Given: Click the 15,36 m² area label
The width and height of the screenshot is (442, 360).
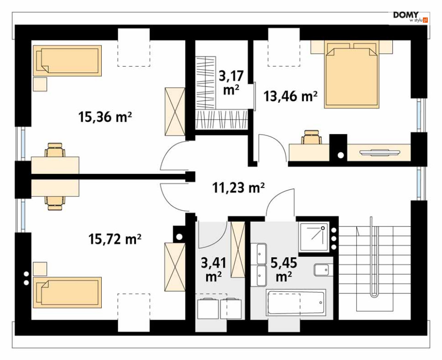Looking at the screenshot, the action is click(x=105, y=117).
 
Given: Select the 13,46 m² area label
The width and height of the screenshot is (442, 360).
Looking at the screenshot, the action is click(x=291, y=96).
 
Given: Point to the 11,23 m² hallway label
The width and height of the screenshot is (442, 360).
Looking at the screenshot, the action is click(x=238, y=188).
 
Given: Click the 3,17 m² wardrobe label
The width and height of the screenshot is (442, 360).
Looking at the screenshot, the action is click(x=231, y=83).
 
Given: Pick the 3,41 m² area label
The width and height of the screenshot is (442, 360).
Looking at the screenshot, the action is click(x=213, y=269).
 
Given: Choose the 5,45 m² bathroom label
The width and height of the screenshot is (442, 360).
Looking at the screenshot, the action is click(x=284, y=269).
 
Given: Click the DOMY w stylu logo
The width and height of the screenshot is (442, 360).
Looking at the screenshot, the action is click(x=410, y=17).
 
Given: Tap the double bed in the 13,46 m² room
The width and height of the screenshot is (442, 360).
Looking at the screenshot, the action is click(x=351, y=75).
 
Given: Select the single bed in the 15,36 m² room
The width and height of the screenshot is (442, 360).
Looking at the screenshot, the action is click(x=68, y=60).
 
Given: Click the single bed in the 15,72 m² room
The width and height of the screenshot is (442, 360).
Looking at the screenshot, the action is click(x=68, y=292).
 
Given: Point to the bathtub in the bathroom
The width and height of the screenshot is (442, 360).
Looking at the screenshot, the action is click(x=296, y=303).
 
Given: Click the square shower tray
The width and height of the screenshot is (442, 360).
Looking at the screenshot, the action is click(x=315, y=237).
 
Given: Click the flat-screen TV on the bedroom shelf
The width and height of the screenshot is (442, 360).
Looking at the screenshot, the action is click(x=379, y=152).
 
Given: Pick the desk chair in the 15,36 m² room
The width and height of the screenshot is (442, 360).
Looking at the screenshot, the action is click(x=55, y=149).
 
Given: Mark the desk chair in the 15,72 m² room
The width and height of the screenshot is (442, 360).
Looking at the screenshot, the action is click(x=55, y=203).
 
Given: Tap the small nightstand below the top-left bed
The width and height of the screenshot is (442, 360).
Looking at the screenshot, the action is click(x=40, y=84).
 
